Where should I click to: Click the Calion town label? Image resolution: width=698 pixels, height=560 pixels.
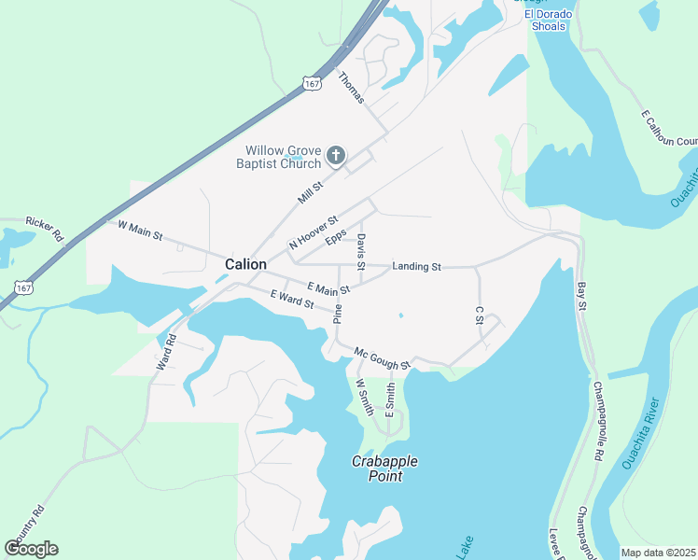coord(245,264)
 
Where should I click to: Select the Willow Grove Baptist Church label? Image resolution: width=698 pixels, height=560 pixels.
coord(284,158)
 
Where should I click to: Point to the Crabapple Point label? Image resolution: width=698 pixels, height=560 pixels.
coord(384,469)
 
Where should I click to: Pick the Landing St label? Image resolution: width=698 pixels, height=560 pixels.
coord(416,267)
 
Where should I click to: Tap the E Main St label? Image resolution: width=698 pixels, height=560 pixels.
coord(328,288)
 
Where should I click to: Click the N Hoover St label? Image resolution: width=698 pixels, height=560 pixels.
coord(313,231)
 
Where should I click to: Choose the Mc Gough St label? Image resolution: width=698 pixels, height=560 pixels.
coord(382,357)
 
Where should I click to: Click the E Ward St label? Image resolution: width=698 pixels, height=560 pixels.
coord(292,299)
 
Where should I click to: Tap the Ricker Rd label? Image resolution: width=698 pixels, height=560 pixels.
coord(44,226)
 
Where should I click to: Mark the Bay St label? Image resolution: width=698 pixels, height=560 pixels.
coord(582,298)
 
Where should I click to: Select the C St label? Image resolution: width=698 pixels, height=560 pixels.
coord(480,315)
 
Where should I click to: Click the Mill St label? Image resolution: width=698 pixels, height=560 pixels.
coord(310,193)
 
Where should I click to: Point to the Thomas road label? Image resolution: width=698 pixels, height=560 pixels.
coord(350,87)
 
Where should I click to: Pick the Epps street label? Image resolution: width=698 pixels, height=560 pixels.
coord(336,237)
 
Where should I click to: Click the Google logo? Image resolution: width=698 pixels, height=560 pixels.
coord(32,548)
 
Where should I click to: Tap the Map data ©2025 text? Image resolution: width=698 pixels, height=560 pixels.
coord(657,553)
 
